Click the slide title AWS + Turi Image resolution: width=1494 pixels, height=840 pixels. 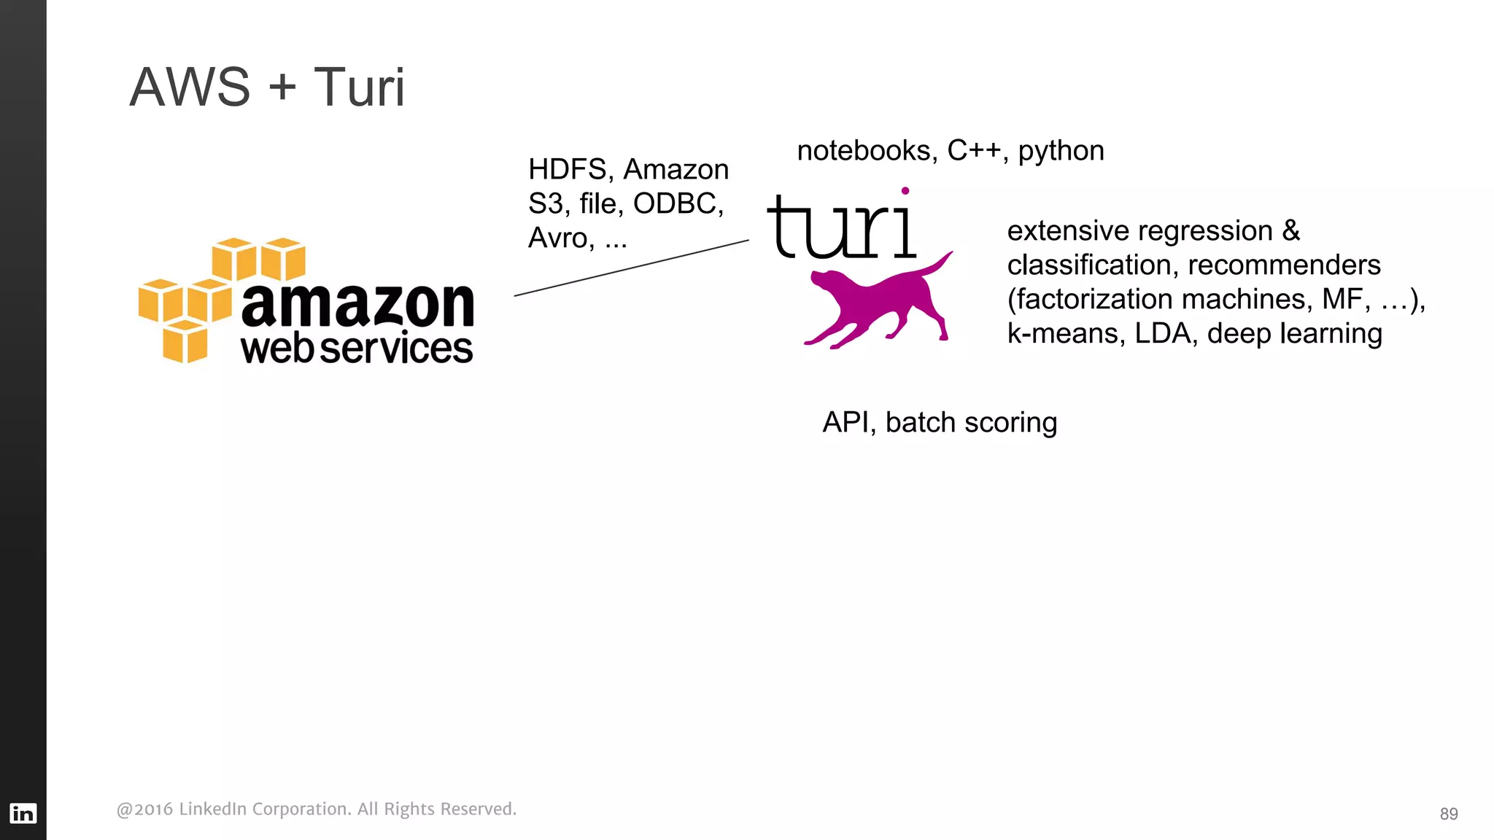click(x=266, y=87)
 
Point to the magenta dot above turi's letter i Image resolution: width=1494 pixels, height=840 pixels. click(x=905, y=191)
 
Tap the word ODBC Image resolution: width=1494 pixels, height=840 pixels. click(x=677, y=203)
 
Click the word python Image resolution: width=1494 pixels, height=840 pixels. click(x=1061, y=151)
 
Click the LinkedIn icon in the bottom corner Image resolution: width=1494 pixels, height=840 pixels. click(x=23, y=813)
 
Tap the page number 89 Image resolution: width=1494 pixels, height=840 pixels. click(x=1449, y=814)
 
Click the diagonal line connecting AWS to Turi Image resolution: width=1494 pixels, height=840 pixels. click(x=632, y=268)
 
